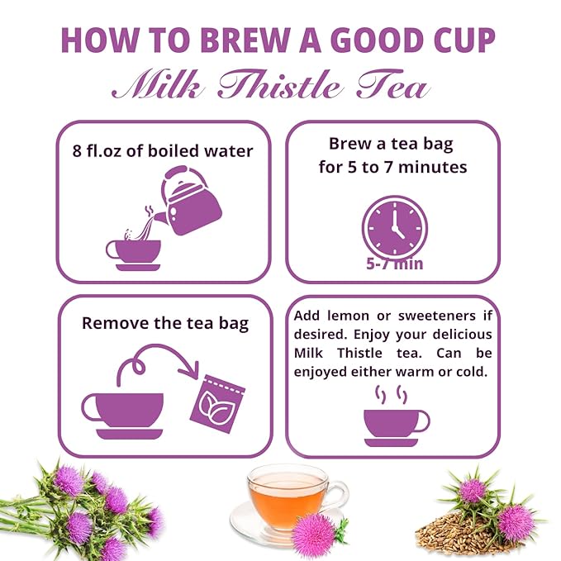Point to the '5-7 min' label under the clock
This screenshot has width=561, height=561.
point(394,265)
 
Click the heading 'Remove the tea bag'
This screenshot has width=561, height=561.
point(164,323)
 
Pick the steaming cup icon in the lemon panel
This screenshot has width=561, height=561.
point(395,421)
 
